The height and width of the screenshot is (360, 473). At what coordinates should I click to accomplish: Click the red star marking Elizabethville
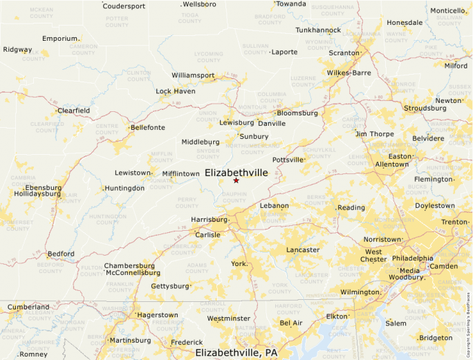pos(236,180)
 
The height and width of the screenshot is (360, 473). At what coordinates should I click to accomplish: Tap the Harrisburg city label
pos(209,220)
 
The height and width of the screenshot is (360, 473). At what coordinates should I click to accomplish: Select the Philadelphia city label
pos(412,258)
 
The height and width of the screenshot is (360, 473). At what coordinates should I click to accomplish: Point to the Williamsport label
pos(193,75)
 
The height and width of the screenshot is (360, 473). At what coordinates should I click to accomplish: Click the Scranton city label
pos(344,53)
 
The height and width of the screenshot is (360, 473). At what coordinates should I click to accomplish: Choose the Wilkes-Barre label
pos(349,73)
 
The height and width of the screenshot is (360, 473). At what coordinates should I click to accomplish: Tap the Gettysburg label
pos(169,286)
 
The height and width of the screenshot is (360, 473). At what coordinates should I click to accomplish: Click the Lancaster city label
pos(303,249)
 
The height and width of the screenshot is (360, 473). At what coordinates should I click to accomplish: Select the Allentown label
pos(391,164)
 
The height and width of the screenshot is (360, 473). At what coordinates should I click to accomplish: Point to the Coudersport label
pos(124,6)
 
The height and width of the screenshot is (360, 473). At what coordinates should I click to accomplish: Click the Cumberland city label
pos(28,307)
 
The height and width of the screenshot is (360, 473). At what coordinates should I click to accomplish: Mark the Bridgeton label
pos(436,338)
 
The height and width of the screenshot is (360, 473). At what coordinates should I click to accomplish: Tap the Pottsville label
pos(288,160)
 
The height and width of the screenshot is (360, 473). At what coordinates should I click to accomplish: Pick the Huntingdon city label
pos(124,188)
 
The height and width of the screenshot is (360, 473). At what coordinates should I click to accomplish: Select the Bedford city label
pos(60,254)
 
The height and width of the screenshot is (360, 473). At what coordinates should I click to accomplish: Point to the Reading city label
pos(351,207)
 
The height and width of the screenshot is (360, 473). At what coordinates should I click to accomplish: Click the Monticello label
pos(447,10)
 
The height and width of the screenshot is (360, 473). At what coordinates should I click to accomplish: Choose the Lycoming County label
pos(208,56)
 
